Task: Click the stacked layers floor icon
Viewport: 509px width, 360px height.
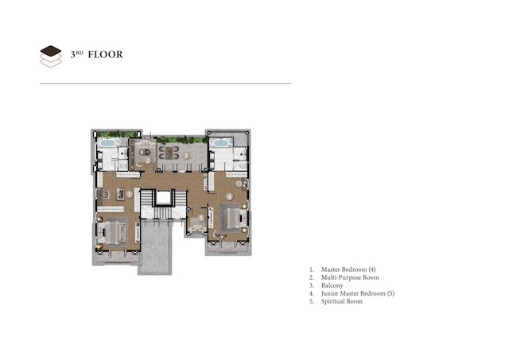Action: tap(51, 56)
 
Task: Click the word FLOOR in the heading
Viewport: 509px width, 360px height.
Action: tap(106, 55)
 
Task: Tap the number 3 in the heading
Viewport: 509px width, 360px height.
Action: tap(72, 55)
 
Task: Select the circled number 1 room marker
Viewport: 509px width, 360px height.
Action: tap(129, 194)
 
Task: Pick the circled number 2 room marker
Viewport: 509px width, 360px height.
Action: tap(148, 161)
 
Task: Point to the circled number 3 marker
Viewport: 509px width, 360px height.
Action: tap(186, 156)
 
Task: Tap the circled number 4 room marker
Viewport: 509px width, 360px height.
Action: tap(229, 196)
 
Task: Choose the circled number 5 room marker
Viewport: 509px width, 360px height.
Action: tap(201, 218)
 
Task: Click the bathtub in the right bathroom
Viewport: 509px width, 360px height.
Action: tap(220, 143)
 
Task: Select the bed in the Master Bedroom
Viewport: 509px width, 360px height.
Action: tap(113, 233)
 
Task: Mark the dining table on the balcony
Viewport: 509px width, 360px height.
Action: tap(169, 153)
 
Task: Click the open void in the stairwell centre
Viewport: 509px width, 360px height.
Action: tap(163, 198)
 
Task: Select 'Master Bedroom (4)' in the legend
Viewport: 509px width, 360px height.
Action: tap(348, 269)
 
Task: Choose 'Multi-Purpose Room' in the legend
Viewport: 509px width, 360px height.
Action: tap(350, 277)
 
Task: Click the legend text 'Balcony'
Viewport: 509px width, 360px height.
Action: tap(332, 285)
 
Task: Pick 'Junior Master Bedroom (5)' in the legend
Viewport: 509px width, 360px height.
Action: tap(358, 293)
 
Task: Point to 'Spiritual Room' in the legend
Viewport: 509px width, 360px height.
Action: tap(342, 301)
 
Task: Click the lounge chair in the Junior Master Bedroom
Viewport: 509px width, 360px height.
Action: tap(216, 234)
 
